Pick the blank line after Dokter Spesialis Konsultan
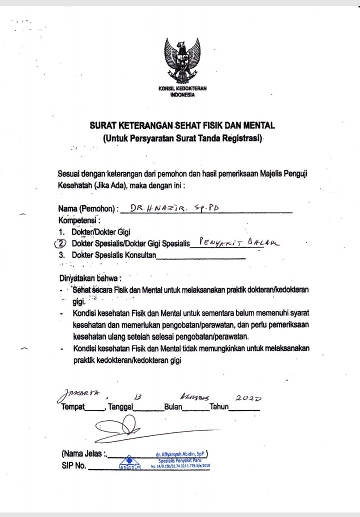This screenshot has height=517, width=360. click(x=201, y=257)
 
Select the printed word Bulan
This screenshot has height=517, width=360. click(x=174, y=407)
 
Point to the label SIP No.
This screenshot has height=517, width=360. click(x=74, y=468)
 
